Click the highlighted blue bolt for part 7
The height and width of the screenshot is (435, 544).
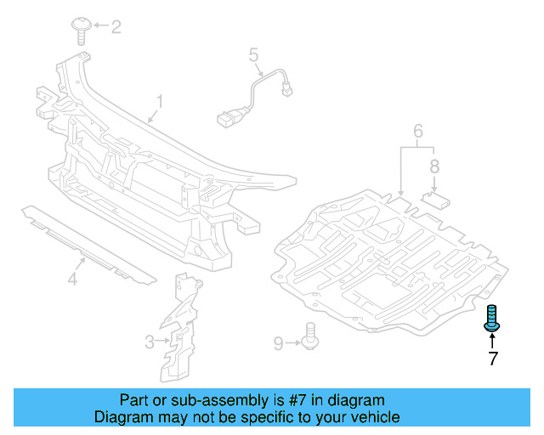tap(491, 318)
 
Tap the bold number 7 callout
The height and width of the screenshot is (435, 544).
tap(493, 359)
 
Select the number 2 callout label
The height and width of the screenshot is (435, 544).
tap(116, 26)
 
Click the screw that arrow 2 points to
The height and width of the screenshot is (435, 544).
tap(82, 31)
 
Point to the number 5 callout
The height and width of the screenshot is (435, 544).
tap(253, 55)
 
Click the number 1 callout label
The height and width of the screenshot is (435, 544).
tap(160, 102)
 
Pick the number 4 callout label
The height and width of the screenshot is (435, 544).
tap(72, 279)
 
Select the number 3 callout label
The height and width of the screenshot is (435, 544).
tap(150, 342)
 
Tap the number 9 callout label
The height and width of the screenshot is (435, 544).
tap(279, 343)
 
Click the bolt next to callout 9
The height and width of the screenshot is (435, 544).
tap(310, 336)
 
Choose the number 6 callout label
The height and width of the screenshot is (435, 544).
tap(418, 131)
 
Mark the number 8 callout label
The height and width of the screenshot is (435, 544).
tap(434, 167)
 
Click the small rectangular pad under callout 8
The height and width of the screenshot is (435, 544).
tap(435, 201)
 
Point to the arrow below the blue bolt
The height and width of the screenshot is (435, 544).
tap(492, 340)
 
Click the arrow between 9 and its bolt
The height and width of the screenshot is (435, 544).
tap(293, 342)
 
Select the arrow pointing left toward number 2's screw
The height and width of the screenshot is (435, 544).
tap(100, 25)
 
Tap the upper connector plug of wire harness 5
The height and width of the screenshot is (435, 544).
tap(286, 90)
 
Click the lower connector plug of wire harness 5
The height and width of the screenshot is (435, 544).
tap(228, 118)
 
